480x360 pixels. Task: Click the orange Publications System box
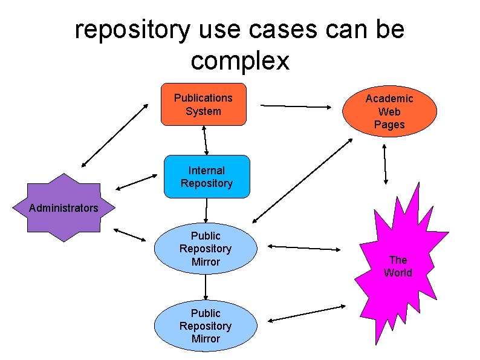click(x=203, y=104)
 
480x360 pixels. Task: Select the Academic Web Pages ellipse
click(x=389, y=111)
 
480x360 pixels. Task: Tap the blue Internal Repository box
click(x=206, y=177)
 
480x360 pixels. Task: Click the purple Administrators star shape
click(x=63, y=208)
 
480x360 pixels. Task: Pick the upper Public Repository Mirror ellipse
click(x=206, y=249)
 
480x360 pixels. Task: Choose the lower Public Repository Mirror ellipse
click(x=206, y=326)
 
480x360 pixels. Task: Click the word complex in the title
click(x=240, y=61)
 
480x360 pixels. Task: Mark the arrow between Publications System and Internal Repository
click(x=206, y=140)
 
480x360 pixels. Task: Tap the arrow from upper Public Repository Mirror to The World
click(x=303, y=247)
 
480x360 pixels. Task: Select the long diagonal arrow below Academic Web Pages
click(x=302, y=180)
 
